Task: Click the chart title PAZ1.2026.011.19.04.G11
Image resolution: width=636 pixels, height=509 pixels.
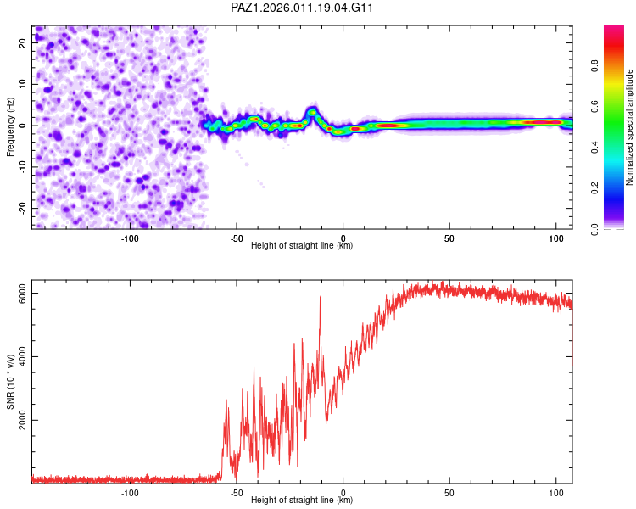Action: tap(303, 8)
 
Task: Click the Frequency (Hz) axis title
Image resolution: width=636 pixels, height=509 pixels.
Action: tap(10, 127)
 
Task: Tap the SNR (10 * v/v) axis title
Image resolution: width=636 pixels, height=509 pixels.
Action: tap(10, 384)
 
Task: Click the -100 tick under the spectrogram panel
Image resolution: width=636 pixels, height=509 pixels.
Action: tap(130, 238)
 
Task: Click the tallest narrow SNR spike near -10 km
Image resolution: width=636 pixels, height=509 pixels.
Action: tap(321, 297)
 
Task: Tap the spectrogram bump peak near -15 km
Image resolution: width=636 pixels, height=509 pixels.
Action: tap(312, 111)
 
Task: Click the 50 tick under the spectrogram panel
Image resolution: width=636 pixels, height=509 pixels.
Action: tap(449, 238)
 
